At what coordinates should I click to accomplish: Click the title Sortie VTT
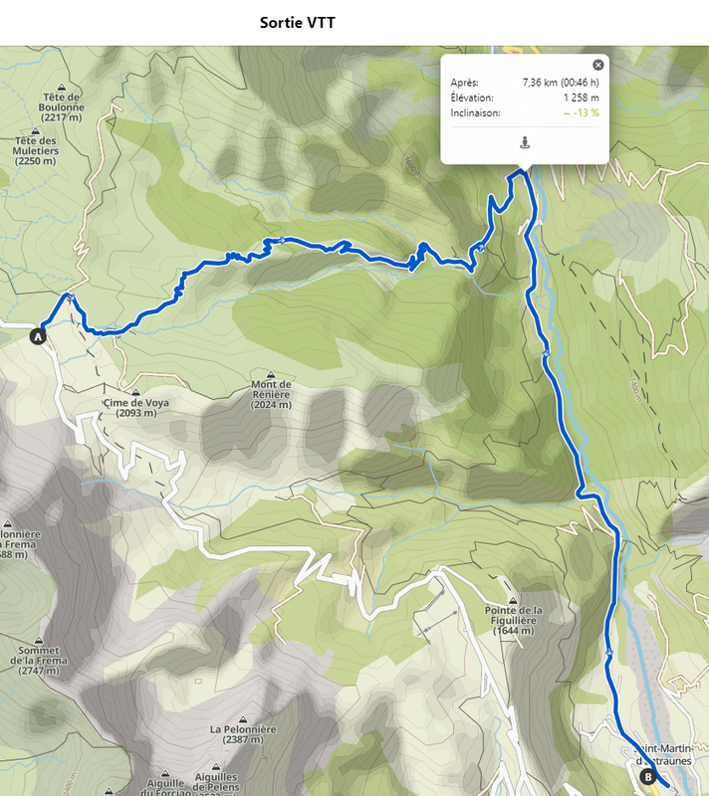298,22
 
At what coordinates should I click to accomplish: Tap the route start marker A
40,336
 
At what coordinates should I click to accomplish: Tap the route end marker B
647,777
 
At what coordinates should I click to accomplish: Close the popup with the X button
597,65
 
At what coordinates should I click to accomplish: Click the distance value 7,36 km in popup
561,82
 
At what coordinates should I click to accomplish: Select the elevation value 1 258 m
581,98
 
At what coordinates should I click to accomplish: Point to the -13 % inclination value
581,113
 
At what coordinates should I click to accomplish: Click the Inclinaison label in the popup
475,113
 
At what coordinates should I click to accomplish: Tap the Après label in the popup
464,82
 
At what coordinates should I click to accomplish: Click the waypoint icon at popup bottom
525,142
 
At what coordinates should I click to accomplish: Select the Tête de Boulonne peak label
62,107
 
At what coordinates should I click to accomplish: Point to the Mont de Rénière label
271,394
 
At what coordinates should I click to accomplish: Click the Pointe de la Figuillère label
514,620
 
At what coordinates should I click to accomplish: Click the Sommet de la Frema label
35,661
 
